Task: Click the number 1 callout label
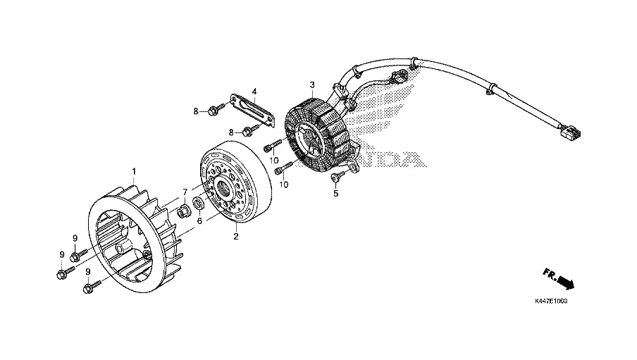[135, 171]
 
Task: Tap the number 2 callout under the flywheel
[236, 237]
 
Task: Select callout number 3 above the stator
[311, 85]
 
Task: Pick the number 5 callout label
[336, 193]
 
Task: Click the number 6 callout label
[199, 221]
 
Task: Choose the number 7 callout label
[185, 192]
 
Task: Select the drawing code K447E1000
[550, 301]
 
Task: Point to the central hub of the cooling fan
[120, 249]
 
